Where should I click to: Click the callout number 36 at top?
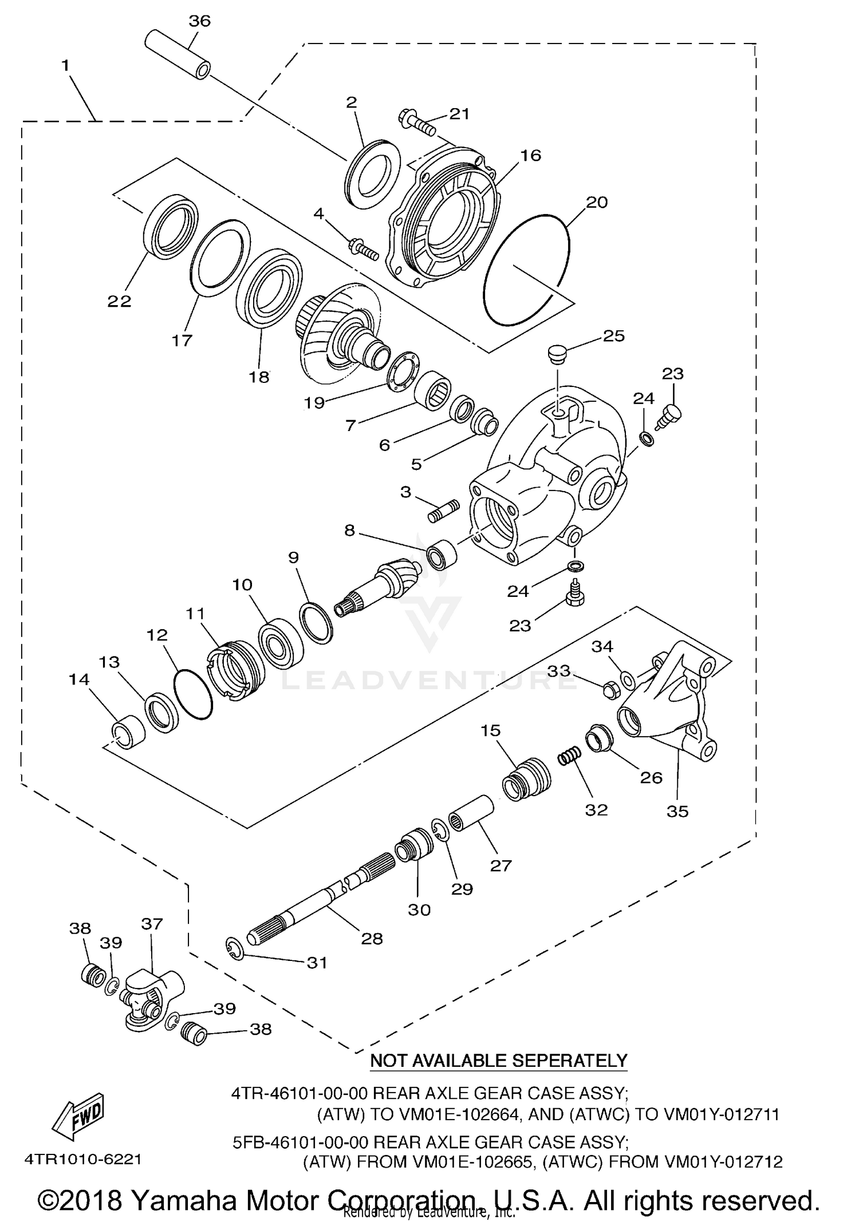coord(200,21)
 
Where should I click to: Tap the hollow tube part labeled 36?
coord(176,56)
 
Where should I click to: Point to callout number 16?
coord(531,156)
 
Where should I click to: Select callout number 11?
coord(195,614)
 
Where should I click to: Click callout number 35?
coord(677,811)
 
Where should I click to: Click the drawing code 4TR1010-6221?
coord(82,1160)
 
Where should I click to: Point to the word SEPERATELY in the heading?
coord(569,1061)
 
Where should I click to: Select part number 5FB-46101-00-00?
coord(300,1142)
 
